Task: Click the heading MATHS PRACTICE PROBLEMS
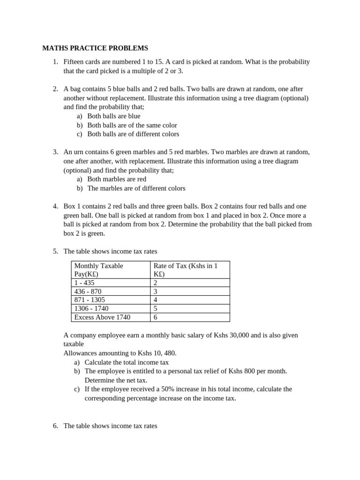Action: pyautogui.click(x=95, y=48)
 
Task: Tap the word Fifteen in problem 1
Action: pyautogui.click(x=75, y=62)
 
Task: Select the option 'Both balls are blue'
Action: pyautogui.click(x=113, y=116)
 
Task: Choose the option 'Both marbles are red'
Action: pyautogui.click(x=117, y=179)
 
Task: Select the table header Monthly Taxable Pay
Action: pyautogui.click(x=99, y=270)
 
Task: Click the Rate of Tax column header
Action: pyautogui.click(x=186, y=270)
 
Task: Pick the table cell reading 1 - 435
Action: pyautogui.click(x=84, y=283)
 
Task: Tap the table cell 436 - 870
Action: pyautogui.click(x=88, y=291)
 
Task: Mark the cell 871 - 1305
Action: pyautogui.click(x=90, y=300)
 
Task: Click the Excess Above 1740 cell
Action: pyautogui.click(x=102, y=317)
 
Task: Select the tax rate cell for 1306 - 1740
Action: pyautogui.click(x=156, y=308)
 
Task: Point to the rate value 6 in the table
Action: pyautogui.click(x=156, y=317)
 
